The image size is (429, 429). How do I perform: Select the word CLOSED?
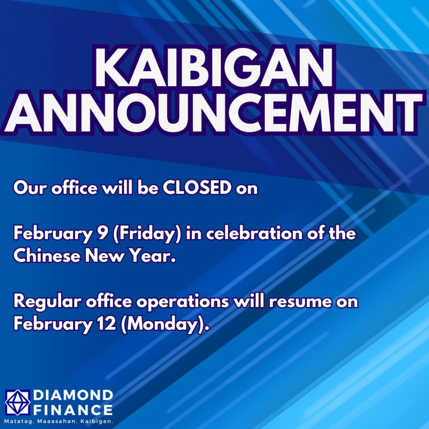coord(197,188)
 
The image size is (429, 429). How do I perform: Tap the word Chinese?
coord(46,256)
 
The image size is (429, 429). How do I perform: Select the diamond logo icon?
coord(18,402)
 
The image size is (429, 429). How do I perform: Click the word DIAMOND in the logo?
coord(73,395)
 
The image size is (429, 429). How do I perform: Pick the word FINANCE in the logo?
coord(73,410)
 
